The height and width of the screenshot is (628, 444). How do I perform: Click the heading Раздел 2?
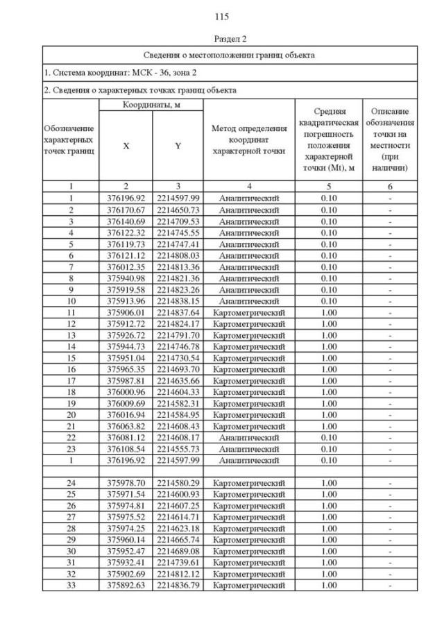[x=222, y=40]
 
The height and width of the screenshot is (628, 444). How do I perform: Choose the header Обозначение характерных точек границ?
[x=70, y=139]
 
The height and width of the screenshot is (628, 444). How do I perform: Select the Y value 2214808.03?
[x=178, y=255]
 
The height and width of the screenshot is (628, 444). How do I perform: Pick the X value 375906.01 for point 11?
[x=126, y=312]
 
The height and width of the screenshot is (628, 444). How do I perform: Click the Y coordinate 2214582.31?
[x=178, y=403]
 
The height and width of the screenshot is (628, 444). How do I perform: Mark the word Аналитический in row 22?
[x=248, y=437]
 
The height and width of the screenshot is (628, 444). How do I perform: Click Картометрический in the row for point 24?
[x=248, y=483]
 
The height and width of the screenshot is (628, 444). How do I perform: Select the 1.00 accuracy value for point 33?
[x=329, y=585]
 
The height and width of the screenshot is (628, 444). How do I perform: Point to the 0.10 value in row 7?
[x=329, y=266]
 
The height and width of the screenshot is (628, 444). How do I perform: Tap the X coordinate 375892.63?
[x=126, y=585]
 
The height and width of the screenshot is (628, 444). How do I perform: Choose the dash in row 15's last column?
[x=390, y=357]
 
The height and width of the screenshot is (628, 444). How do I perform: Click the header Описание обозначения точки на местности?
[x=390, y=139]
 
